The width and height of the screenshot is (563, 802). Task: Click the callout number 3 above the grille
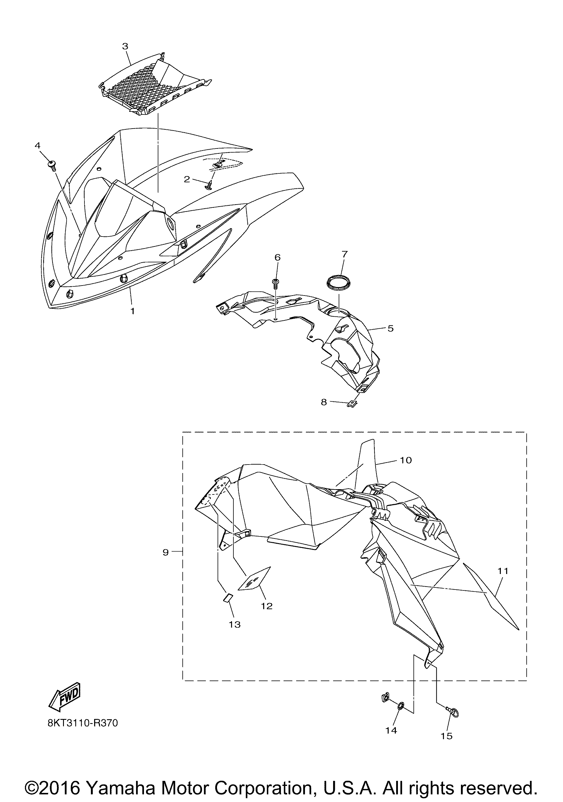(x=125, y=46)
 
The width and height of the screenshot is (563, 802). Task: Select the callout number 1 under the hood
(x=133, y=310)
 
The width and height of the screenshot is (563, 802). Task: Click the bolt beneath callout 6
(x=275, y=284)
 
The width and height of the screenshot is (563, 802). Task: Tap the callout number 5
(x=391, y=328)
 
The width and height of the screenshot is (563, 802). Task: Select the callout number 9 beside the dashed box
(x=165, y=552)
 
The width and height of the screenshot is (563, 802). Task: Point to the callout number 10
(x=406, y=460)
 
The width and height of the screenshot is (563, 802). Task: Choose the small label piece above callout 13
(x=227, y=598)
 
